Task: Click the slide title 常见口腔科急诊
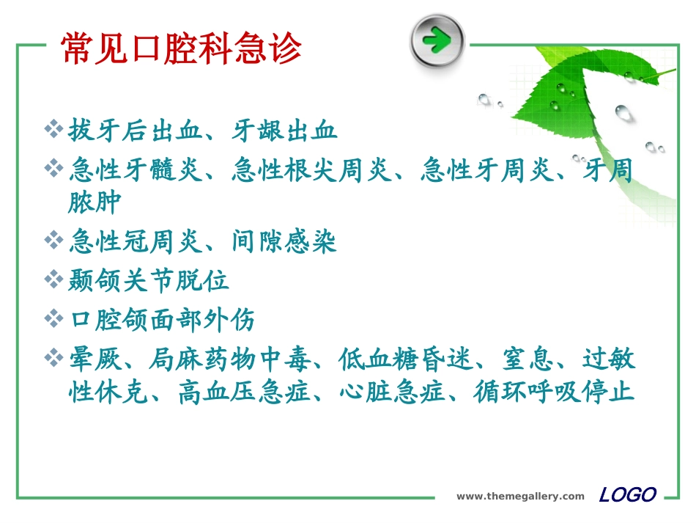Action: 182,49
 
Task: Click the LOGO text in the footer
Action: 627,495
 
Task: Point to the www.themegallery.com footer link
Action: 520,497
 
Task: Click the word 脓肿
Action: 95,202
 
